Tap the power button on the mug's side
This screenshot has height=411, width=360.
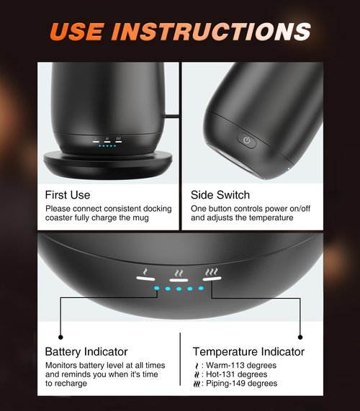pyautogui.click(x=247, y=140)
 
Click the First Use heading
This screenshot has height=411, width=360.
pyautogui.click(x=68, y=194)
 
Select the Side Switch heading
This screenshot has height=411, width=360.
pyautogui.click(x=220, y=194)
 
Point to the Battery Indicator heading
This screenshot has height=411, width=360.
pyautogui.click(x=86, y=352)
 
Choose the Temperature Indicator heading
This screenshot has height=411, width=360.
pyautogui.click(x=248, y=352)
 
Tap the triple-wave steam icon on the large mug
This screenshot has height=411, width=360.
pyautogui.click(x=212, y=274)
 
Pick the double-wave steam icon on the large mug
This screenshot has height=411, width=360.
pyautogui.click(x=178, y=274)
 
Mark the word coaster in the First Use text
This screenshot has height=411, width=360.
pyautogui.click(x=61, y=218)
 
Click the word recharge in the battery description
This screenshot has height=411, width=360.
pyautogui.click(x=76, y=384)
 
